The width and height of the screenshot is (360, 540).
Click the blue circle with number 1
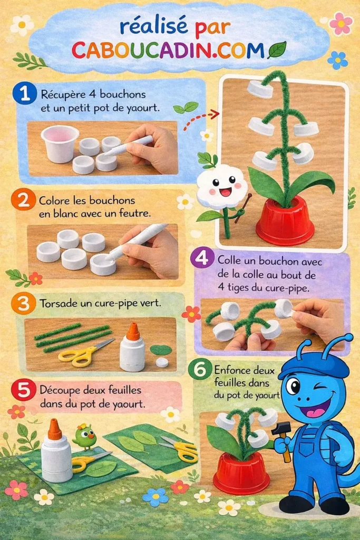[x=24, y=94]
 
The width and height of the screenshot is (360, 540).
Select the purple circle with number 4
[x=203, y=260]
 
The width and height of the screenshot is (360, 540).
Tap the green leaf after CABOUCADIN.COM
[x=276, y=50]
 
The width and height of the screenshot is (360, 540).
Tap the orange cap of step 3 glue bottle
[x=132, y=331]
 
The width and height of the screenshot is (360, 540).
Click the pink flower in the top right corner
[x=340, y=23]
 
